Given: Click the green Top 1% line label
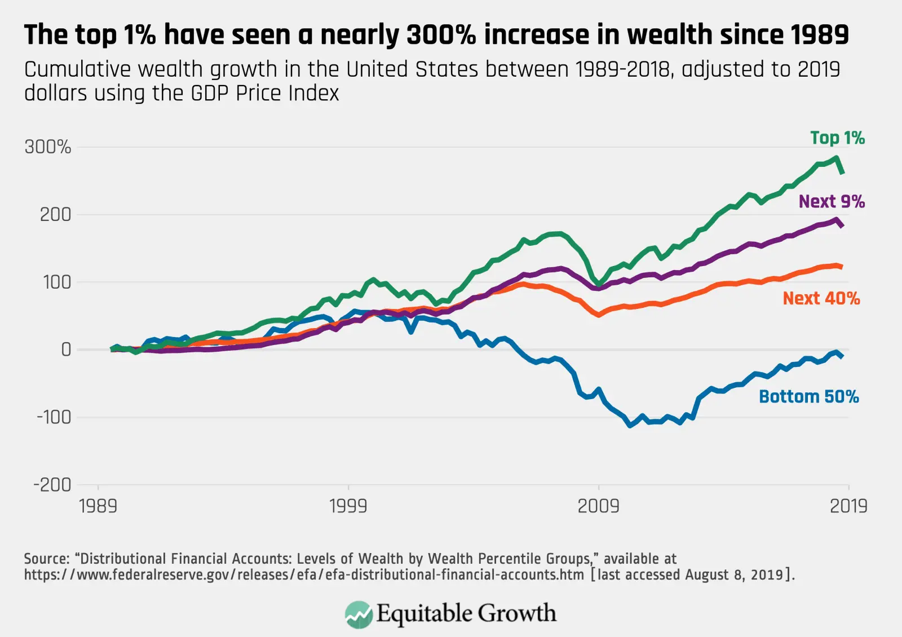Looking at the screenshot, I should (x=837, y=138).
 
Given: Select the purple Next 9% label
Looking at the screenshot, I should (x=832, y=202).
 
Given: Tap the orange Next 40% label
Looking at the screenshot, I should (x=821, y=298).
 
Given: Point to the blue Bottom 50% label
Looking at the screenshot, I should (x=809, y=397).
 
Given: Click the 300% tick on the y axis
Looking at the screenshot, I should (x=48, y=147).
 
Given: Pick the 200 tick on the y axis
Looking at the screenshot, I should (x=55, y=215).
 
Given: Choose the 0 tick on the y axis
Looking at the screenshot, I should (x=66, y=350).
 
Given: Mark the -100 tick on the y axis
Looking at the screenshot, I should (x=54, y=417).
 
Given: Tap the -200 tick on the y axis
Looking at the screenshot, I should (x=52, y=485).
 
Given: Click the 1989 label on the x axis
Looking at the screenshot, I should (x=98, y=506).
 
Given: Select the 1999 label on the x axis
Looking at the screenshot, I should (x=348, y=506).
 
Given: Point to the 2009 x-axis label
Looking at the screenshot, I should (x=598, y=506).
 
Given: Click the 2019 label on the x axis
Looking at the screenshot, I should (x=848, y=506).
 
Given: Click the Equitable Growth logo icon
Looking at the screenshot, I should (x=359, y=614).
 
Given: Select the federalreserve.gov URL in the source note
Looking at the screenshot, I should (x=303, y=575).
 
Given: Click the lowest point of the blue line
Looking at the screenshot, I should (x=630, y=425).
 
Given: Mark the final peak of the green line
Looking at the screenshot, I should (x=836, y=158).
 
